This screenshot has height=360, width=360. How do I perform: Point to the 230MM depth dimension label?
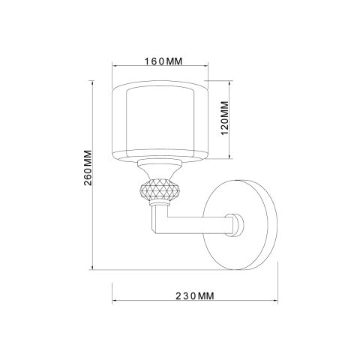(195, 297)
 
